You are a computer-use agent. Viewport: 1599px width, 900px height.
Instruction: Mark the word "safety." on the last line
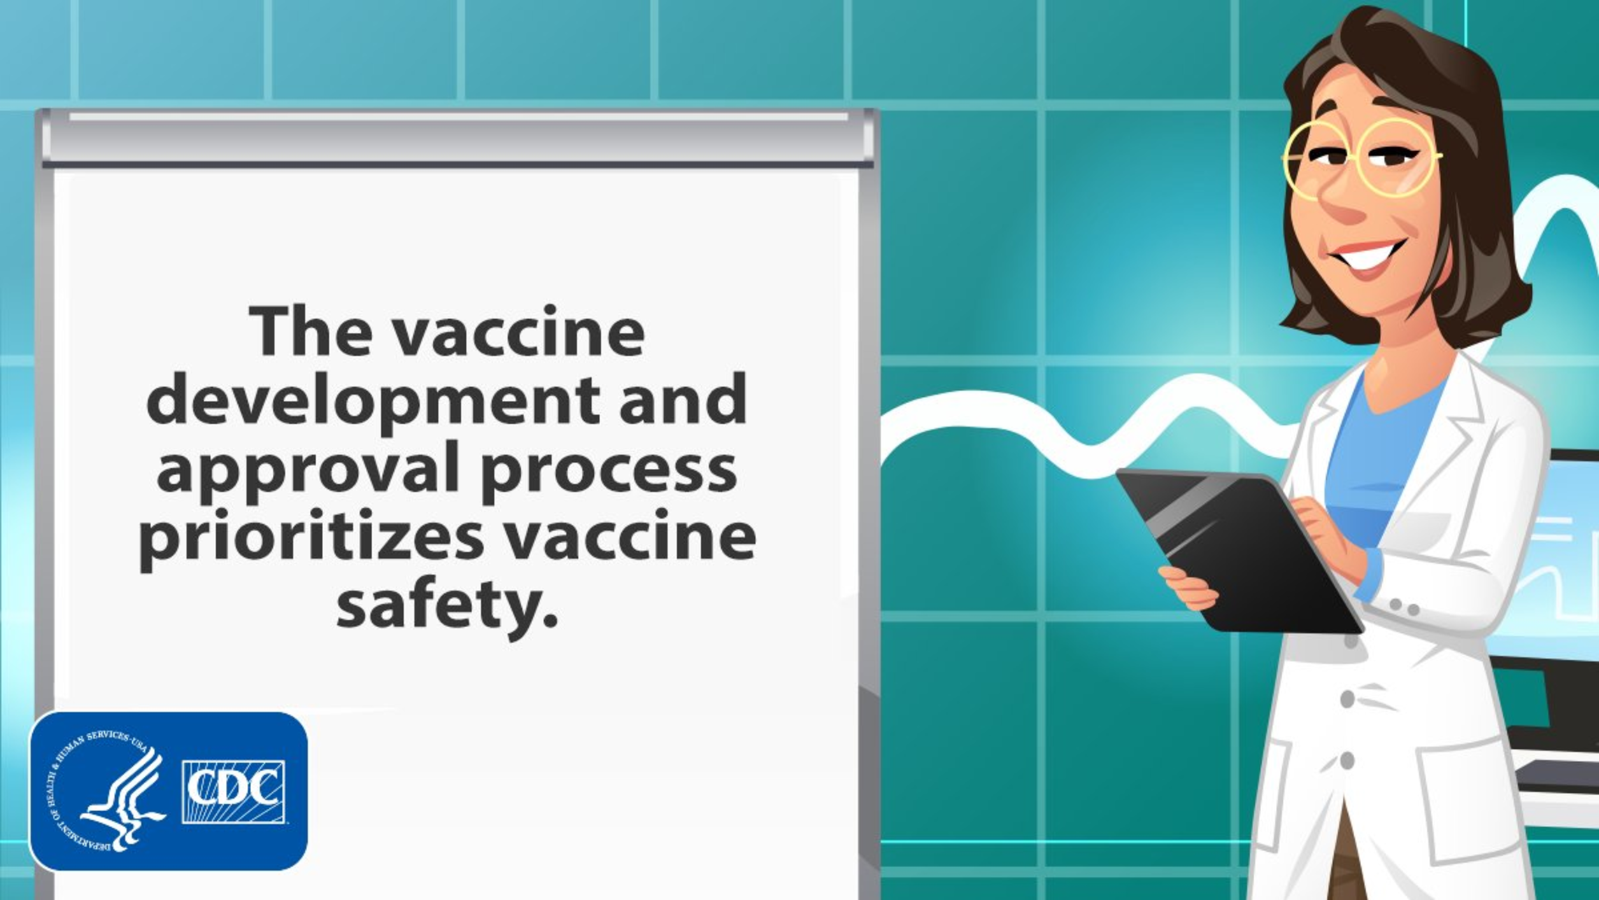[x=447, y=605]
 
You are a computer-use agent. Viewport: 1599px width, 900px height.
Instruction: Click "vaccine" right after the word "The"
[x=518, y=332]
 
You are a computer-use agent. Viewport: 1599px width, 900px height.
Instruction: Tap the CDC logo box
[x=234, y=792]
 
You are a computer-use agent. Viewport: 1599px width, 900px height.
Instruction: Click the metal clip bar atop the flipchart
[x=457, y=137]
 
